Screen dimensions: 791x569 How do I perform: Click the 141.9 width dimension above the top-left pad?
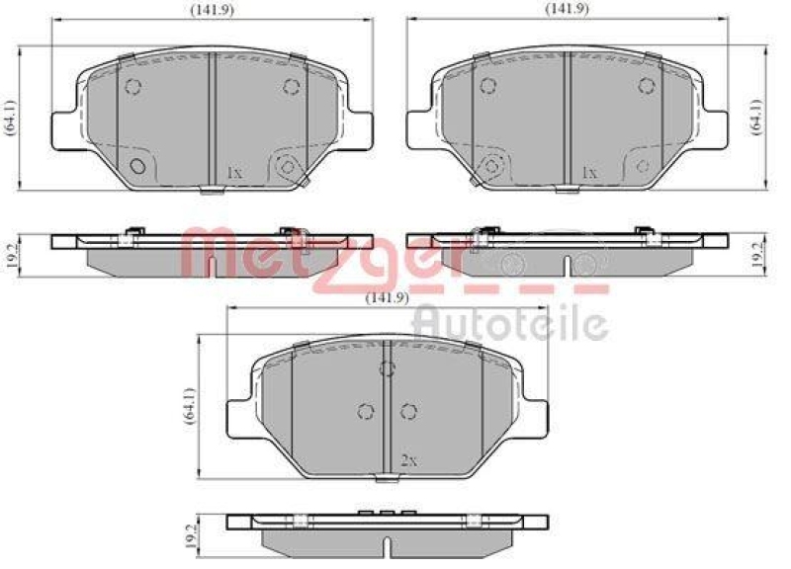pos(212,10)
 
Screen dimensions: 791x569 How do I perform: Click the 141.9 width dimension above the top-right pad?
pos(567,8)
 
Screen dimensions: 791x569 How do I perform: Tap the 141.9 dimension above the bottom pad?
pos(387,298)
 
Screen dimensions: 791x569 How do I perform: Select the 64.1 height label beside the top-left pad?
pos(11,117)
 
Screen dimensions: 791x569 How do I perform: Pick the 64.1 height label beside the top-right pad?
pos(756,117)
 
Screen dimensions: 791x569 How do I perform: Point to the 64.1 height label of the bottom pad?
pos(190,406)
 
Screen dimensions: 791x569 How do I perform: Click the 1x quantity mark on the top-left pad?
pos(235,174)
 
